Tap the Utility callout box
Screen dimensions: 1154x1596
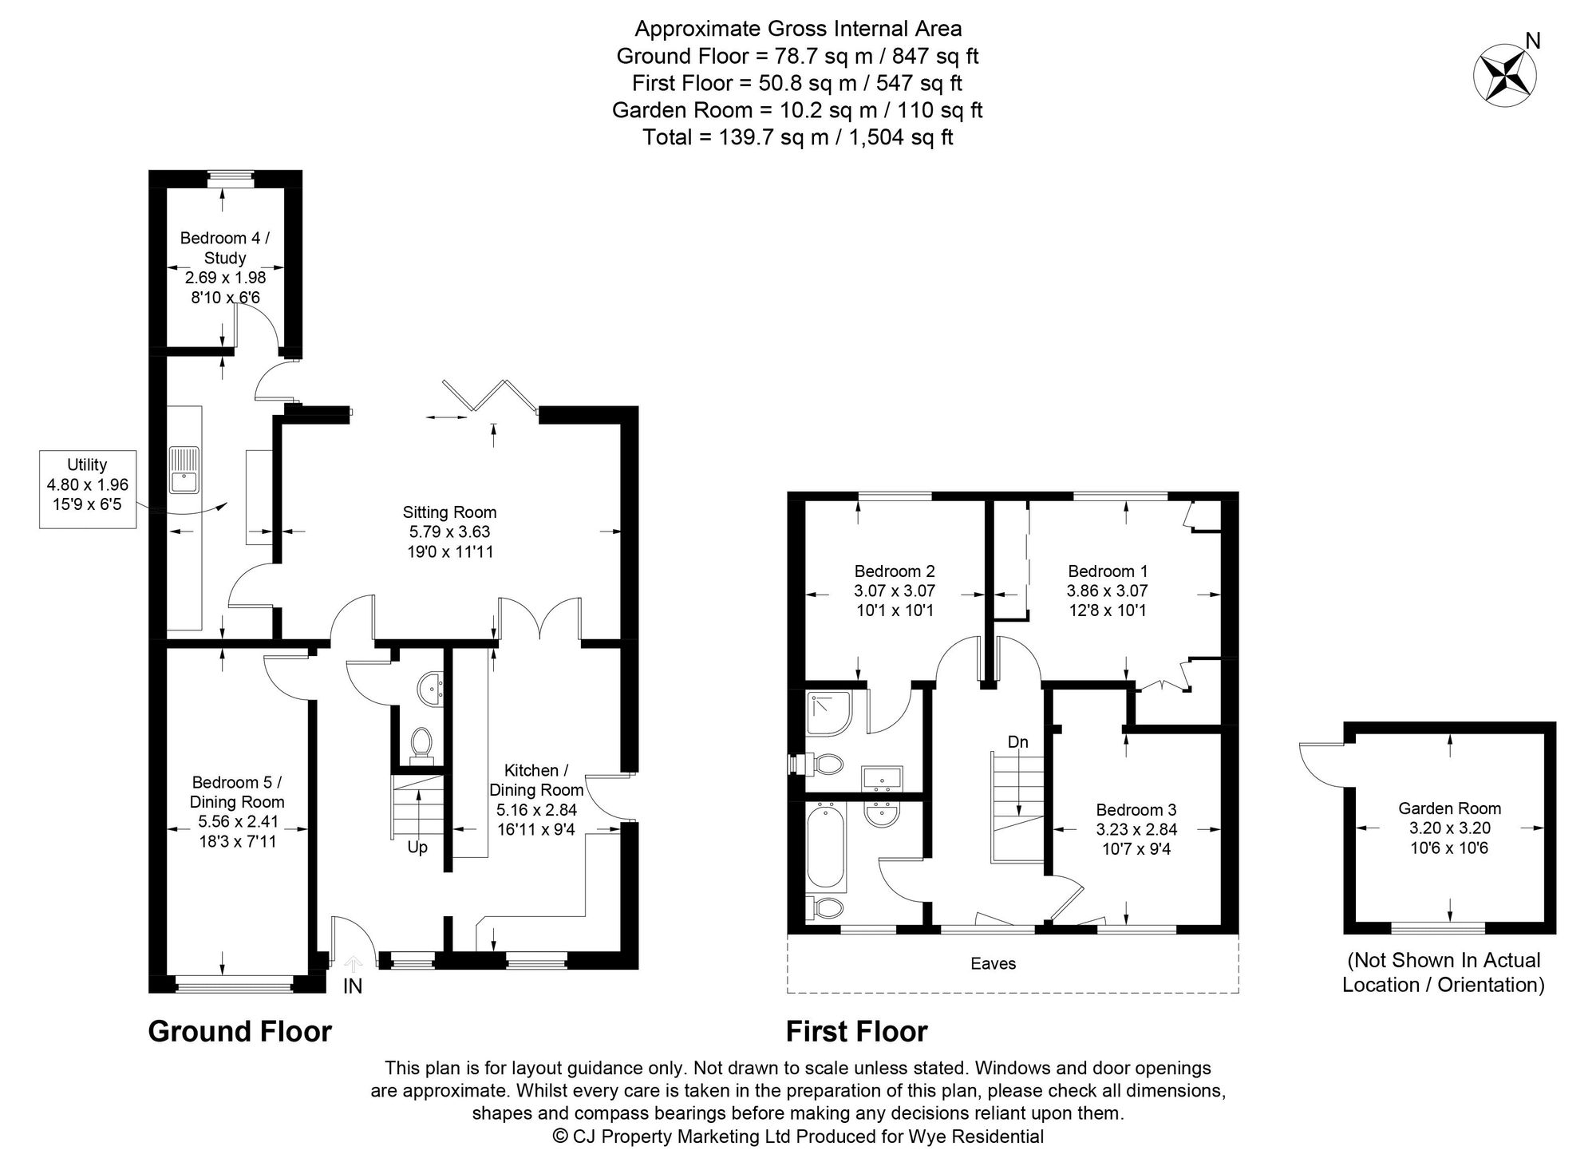coord(88,488)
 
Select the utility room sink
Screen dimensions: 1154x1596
coord(184,471)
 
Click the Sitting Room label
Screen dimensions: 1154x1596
coord(449,512)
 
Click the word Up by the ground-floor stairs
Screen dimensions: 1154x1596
coord(417,848)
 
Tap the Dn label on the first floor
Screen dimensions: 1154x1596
coord(1017,742)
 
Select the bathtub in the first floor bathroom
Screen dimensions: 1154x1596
coord(826,848)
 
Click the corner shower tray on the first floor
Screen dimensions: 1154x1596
coord(830,713)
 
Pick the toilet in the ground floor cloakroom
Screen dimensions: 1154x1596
coord(421,742)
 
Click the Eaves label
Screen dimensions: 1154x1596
coord(993,963)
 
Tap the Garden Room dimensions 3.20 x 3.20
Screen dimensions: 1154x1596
coord(1449,828)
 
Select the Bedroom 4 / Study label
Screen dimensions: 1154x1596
coord(224,247)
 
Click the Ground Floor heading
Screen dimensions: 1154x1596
coord(239,1031)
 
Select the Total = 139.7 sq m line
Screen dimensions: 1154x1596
coord(797,137)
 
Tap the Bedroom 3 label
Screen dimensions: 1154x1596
coord(1136,809)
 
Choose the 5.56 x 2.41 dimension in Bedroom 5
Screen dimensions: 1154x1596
coord(237,821)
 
